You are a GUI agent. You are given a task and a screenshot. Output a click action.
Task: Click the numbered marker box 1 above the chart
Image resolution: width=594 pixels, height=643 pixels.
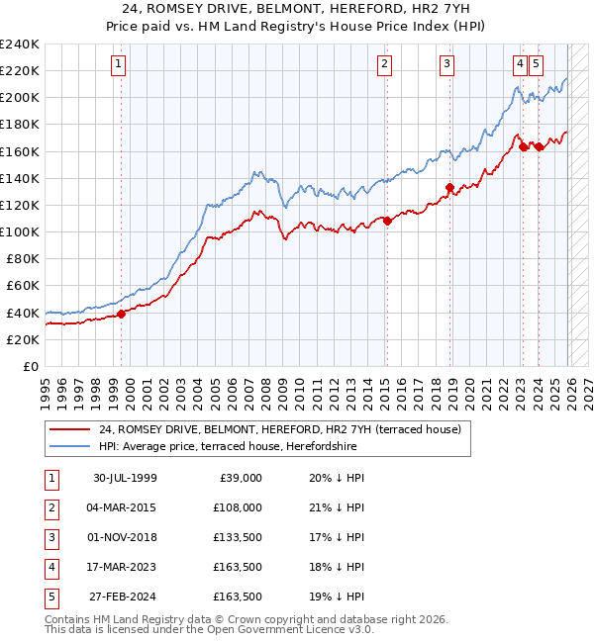click(x=118, y=64)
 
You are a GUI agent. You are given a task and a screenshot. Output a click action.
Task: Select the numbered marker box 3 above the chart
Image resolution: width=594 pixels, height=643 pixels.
click(x=447, y=64)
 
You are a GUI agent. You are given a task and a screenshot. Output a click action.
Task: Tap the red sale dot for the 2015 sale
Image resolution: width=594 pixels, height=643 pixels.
click(x=387, y=222)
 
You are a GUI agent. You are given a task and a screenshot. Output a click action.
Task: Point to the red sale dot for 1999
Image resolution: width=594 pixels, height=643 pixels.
click(x=122, y=314)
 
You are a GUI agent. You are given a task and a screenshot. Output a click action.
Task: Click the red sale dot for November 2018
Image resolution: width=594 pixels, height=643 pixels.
click(x=449, y=187)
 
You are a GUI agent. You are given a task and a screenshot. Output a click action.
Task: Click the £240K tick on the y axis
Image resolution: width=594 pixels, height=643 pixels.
click(x=20, y=45)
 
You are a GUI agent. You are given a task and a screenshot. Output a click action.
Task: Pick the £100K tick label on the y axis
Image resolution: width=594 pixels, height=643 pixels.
click(x=20, y=231)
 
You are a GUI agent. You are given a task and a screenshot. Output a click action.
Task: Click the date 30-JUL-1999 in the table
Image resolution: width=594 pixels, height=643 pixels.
click(x=125, y=478)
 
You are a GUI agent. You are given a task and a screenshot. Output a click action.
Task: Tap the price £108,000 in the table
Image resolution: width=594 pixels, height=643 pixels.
click(x=239, y=507)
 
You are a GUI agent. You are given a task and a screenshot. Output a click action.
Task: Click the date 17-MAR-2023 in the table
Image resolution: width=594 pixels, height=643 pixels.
click(x=125, y=567)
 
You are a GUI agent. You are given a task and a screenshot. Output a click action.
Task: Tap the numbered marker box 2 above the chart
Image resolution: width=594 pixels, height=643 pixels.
click(x=383, y=64)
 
